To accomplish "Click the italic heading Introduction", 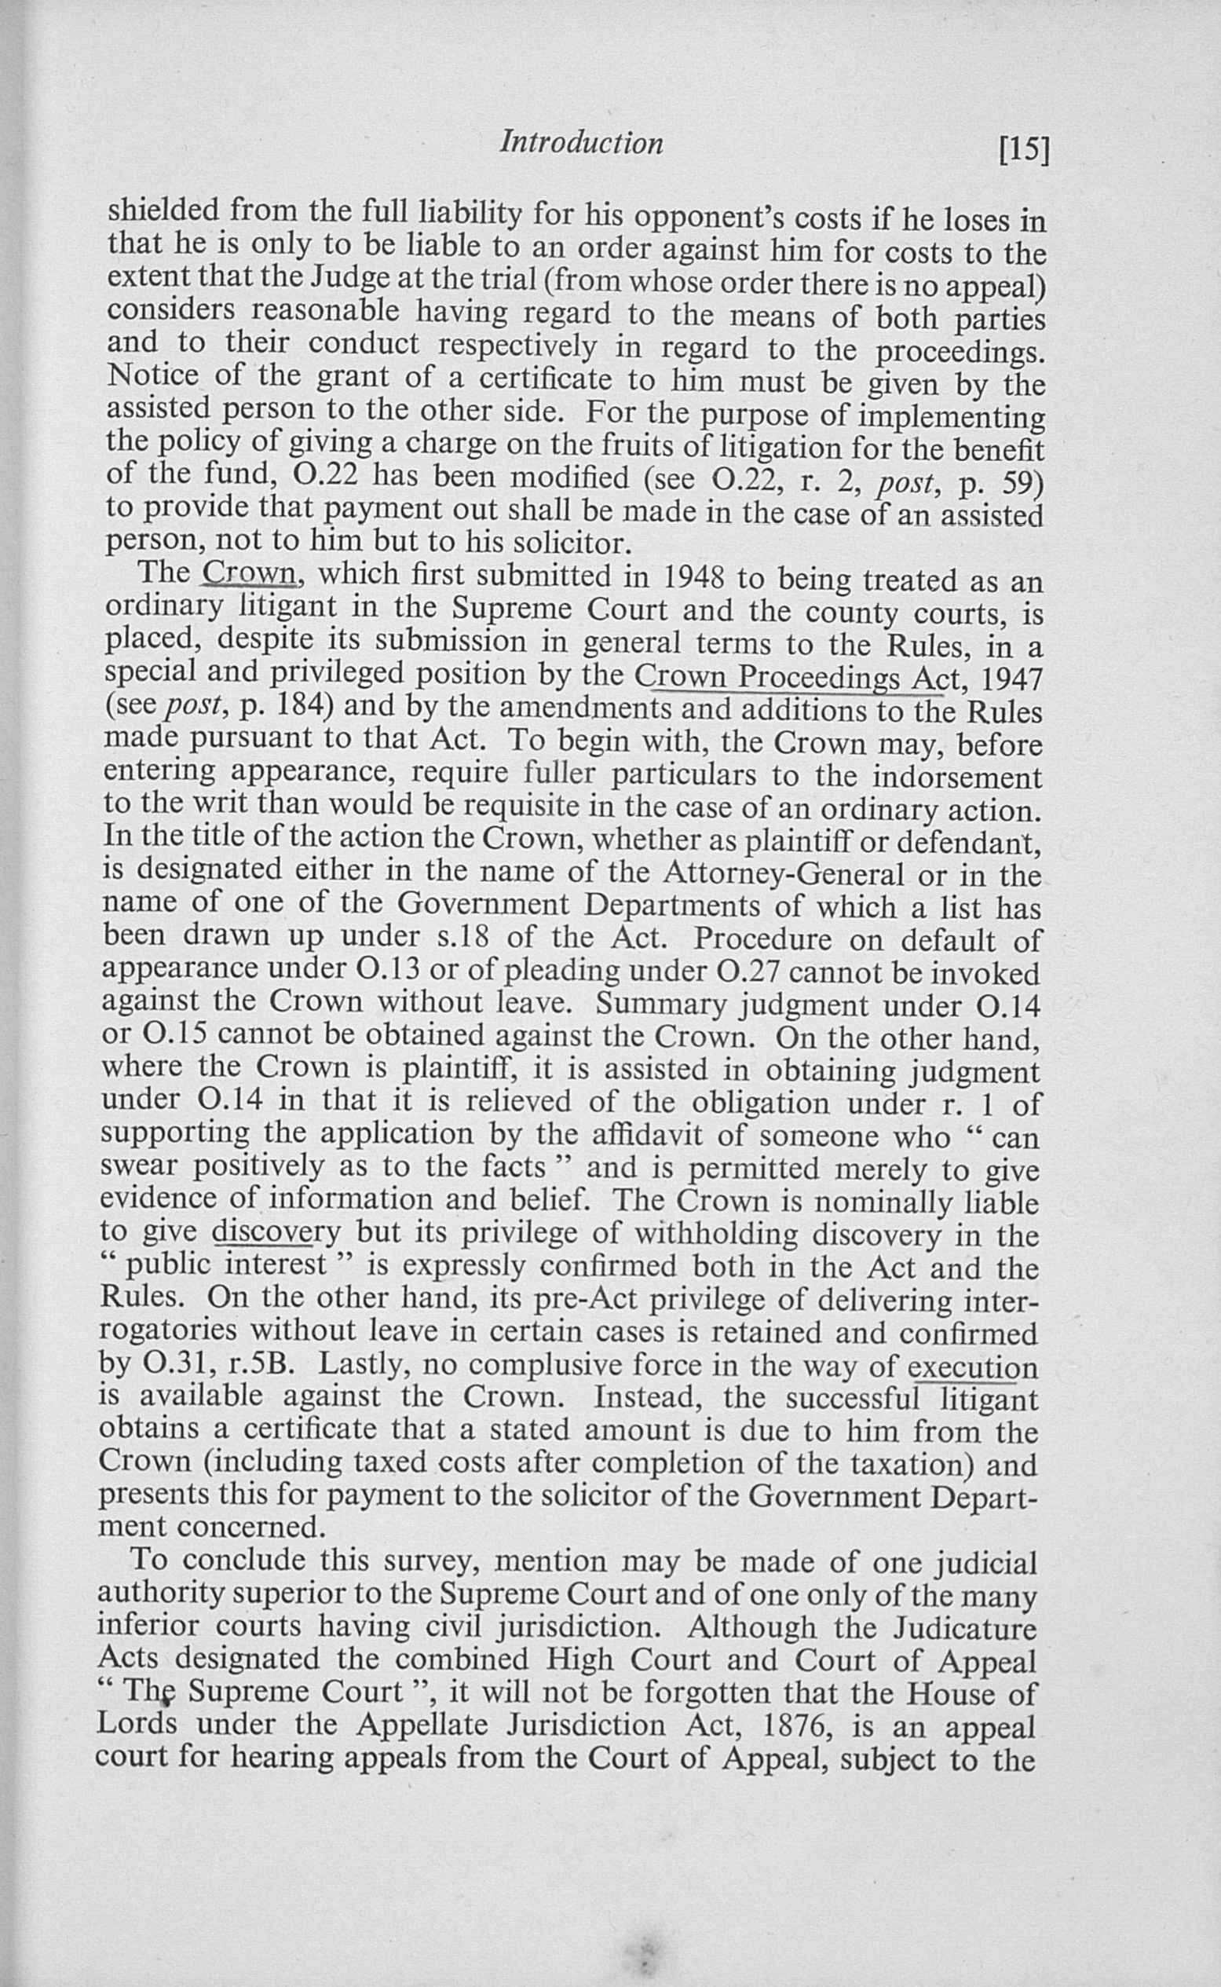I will pyautogui.click(x=581, y=143).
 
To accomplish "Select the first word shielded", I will pyautogui.click(x=163, y=210).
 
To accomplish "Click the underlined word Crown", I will pyautogui.click(x=250, y=573).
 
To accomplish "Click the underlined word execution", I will pyautogui.click(x=972, y=1368).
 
